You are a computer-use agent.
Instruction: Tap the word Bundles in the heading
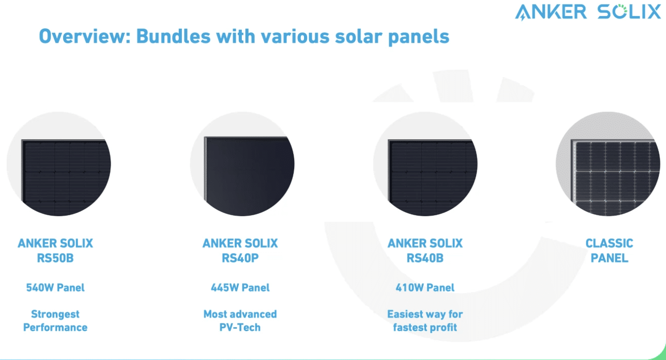click(174, 36)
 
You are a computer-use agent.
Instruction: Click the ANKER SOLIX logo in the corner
click(587, 12)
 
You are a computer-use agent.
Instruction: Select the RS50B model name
click(55, 258)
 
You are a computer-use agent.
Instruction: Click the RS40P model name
click(240, 258)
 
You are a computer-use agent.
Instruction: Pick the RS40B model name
click(425, 258)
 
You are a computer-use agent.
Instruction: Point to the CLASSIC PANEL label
click(609, 251)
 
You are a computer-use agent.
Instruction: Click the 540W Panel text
click(55, 288)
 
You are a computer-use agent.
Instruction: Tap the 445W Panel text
click(240, 288)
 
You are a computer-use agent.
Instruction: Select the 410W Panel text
click(425, 288)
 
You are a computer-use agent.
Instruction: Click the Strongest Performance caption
click(55, 321)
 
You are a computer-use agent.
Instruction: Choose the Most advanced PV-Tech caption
click(240, 321)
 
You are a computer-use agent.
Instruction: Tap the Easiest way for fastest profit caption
click(425, 321)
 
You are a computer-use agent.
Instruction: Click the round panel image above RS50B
click(59, 164)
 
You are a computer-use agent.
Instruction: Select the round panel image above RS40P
click(242, 164)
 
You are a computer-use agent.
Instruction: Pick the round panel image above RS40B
click(425, 164)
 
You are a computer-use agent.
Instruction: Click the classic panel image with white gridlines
click(608, 164)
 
